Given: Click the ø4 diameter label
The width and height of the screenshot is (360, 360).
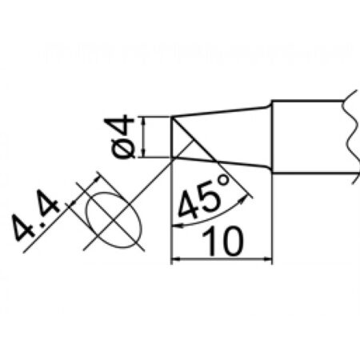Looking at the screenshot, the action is pos(122,137).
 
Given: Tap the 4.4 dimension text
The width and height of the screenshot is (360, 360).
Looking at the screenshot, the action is pos(34,214).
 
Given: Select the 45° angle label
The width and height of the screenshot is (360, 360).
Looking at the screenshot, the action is pos(203,198).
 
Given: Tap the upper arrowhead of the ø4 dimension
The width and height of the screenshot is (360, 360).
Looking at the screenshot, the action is pos(144,121).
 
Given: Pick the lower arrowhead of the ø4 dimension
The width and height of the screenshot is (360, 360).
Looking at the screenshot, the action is pos(144,154).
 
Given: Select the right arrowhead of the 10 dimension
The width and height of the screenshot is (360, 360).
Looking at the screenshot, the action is pos(267,258).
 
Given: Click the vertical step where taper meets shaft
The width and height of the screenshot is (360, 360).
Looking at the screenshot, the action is pos(272,137).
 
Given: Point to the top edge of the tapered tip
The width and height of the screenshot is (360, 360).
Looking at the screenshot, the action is pos(220,111).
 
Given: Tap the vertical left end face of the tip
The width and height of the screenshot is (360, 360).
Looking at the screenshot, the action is pos(171,137).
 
